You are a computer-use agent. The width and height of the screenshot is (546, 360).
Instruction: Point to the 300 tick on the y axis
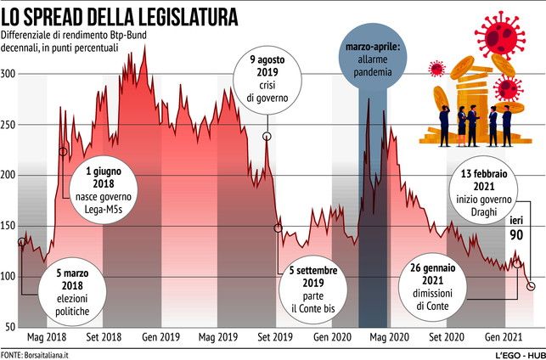(x=8, y=74)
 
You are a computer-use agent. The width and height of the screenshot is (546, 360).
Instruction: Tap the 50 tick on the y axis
(x=10, y=327)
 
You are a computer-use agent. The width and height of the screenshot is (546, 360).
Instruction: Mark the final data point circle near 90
(x=531, y=287)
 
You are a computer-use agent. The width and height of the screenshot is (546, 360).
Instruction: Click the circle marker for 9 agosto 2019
(x=267, y=137)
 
